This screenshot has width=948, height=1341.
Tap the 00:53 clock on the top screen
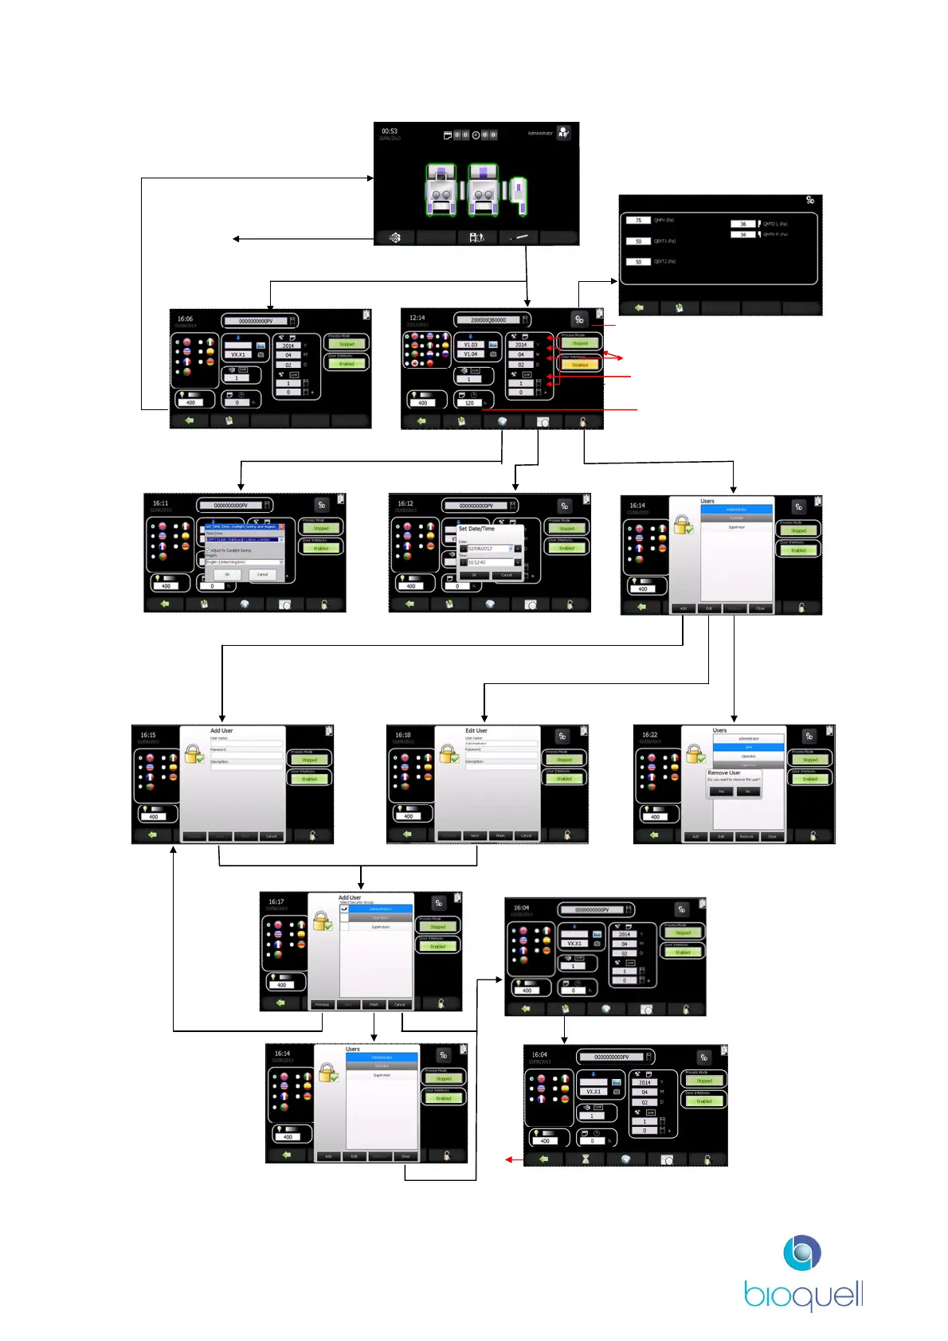point(390,131)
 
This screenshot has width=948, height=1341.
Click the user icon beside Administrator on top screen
point(563,133)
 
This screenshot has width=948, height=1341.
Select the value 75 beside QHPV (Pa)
point(638,221)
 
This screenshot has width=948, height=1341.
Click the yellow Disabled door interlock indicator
point(580,365)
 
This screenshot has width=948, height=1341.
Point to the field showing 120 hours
point(469,403)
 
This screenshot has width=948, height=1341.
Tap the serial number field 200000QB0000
point(488,320)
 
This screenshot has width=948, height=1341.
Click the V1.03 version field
point(471,345)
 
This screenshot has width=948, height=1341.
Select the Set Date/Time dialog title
point(476,529)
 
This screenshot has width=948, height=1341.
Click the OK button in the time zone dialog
point(227,574)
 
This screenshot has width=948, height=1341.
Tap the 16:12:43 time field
point(488,562)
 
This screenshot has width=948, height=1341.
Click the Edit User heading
point(476,730)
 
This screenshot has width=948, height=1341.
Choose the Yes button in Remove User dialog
point(721,792)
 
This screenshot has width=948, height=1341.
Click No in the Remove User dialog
point(748,792)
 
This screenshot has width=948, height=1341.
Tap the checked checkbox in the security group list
point(345,909)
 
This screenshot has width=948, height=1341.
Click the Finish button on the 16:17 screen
point(374,1005)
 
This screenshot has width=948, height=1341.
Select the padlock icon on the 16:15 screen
point(194,753)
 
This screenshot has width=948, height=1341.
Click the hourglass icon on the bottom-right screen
point(586,1159)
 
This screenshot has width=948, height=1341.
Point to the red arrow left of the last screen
point(513,1159)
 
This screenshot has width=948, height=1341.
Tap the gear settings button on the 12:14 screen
point(579,319)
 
